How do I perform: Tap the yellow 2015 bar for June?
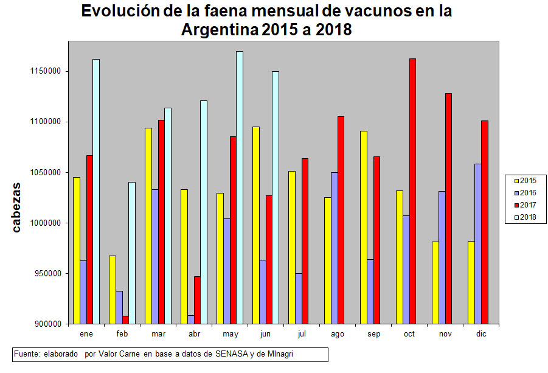click(256, 225)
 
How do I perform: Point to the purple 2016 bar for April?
click(190, 319)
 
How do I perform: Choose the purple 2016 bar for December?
click(477, 243)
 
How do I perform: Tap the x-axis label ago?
click(338, 334)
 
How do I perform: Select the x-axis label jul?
click(302, 334)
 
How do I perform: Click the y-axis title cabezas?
click(18, 207)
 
